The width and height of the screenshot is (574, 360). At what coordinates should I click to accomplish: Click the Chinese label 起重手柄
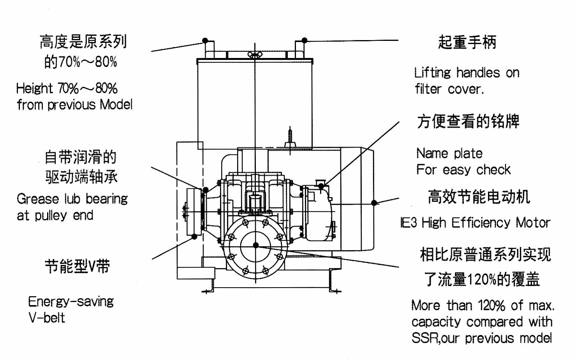(x=467, y=42)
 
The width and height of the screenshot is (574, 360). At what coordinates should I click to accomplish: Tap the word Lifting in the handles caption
(x=432, y=73)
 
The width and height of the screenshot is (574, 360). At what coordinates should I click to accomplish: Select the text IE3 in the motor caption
(x=409, y=222)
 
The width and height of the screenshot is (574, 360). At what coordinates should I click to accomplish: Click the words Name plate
(x=449, y=153)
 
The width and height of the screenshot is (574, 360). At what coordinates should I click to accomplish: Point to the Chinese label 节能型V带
(x=77, y=266)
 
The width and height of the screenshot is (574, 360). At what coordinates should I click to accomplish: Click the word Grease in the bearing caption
(x=38, y=199)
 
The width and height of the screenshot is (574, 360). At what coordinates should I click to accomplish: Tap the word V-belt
(x=47, y=318)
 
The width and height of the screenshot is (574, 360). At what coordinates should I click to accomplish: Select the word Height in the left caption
(x=34, y=89)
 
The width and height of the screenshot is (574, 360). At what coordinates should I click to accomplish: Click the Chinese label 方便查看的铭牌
(x=468, y=121)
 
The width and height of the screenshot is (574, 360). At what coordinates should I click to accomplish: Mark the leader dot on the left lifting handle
(x=205, y=40)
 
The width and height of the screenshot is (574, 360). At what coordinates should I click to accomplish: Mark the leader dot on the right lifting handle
(x=305, y=40)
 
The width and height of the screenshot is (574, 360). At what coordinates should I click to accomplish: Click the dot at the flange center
(x=255, y=245)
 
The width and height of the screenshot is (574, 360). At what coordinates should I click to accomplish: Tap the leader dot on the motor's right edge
(x=374, y=203)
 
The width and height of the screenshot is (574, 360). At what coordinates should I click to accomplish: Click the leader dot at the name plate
(x=321, y=186)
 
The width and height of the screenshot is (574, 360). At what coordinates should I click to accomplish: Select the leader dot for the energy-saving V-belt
(x=194, y=237)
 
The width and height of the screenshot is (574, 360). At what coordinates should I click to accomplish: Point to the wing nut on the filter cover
(x=255, y=54)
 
